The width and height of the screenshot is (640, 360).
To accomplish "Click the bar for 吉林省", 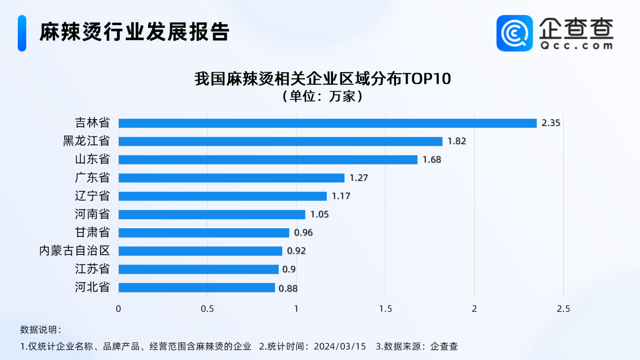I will coord(327,123).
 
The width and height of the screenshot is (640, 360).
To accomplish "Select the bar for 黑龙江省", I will coord(280,141).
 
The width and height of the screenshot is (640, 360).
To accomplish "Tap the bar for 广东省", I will coord(231,178).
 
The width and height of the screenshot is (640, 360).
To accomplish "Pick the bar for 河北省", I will coord(196,288).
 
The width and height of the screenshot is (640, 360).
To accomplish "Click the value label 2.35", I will coord(551,123).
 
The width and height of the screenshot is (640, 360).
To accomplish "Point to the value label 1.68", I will coord(431,160).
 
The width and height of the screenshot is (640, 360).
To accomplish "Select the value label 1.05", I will coord(319,215).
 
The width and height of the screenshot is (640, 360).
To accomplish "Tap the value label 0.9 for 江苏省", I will coord(289,270).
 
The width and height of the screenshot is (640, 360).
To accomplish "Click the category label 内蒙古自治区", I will coord(74,251).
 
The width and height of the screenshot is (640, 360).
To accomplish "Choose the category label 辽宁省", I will coord(92,196).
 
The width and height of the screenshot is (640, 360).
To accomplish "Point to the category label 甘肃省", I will coord(92,233).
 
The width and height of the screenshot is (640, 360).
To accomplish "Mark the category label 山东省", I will coord(92,160).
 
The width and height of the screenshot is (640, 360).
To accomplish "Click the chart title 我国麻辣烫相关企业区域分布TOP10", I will coord(322,80).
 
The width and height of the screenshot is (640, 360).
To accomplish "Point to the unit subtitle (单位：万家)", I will coord(322,96).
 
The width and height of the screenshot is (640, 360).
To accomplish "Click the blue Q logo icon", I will coord(514,33).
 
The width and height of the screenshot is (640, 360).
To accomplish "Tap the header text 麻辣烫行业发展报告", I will coord(135,32).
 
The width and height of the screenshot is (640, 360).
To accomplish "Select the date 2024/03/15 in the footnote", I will coord(339,346).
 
